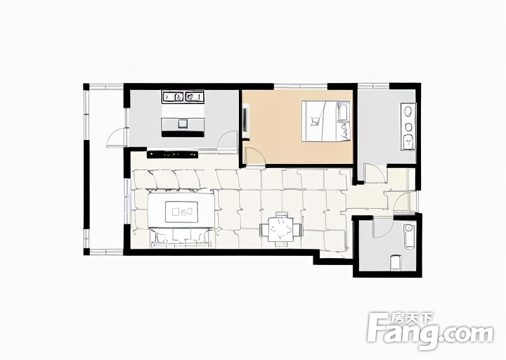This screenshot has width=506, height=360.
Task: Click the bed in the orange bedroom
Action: pos(326,121)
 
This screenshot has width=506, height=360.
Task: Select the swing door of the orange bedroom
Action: pos(254,156)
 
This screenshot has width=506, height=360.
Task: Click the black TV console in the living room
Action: pos(172,155)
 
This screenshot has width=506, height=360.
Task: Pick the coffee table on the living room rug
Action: pos(181,212)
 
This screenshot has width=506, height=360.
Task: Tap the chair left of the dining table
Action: pos(264,229)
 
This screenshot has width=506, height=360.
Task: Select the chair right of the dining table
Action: pos(298,229)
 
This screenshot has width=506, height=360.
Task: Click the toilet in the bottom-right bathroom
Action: pos(396,263)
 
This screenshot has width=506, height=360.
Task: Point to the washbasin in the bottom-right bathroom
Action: pos(409,236)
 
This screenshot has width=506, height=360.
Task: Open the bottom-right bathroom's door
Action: pos(382,227)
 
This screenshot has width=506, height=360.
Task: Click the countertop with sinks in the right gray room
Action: pos(408,127)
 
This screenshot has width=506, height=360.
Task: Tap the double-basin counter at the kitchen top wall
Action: pos(183,96)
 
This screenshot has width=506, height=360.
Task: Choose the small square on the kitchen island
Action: pos(183,124)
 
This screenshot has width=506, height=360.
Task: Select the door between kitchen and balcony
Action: pos(117,137)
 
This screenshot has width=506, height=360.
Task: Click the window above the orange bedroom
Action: pos(301,86)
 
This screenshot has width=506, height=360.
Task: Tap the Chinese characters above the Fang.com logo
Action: pos(412,319)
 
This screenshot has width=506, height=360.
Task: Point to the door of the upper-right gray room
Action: pos(375,174)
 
